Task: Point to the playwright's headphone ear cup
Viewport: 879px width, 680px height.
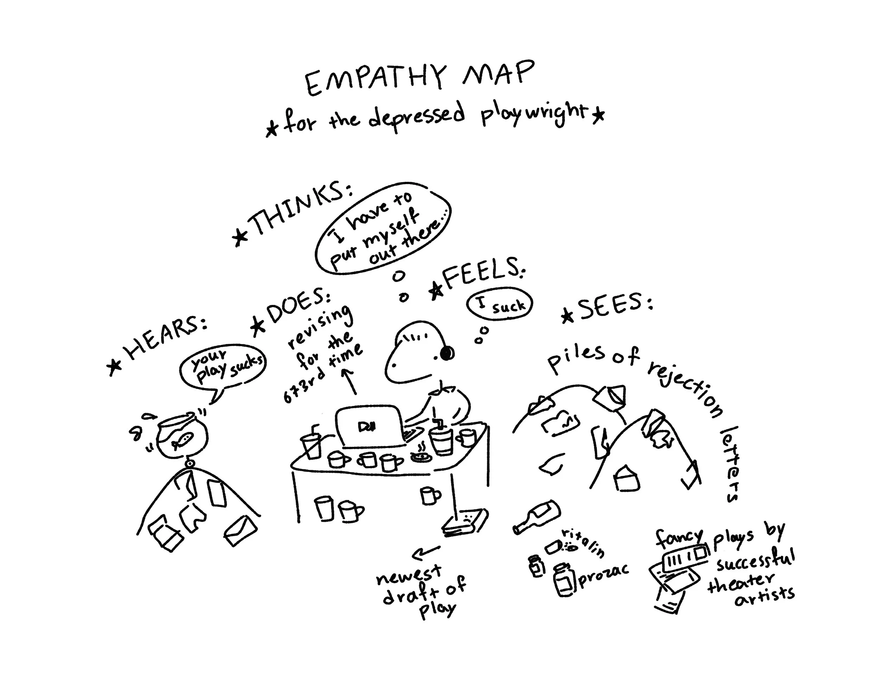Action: [447, 354]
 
